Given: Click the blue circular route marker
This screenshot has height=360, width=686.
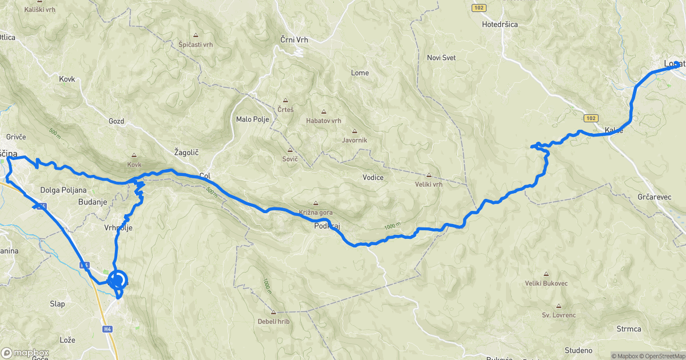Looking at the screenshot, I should pyautogui.click(x=117, y=280).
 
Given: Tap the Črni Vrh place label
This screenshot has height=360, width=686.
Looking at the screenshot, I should pyautogui.click(x=294, y=39).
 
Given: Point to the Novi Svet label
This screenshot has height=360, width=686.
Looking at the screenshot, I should pyautogui.click(x=441, y=58).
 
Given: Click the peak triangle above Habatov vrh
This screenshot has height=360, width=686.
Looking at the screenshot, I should pyautogui.click(x=324, y=112).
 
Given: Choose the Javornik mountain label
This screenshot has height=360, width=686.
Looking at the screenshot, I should pyautogui.click(x=354, y=140).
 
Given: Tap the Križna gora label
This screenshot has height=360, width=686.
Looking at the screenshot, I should pyautogui.click(x=315, y=213).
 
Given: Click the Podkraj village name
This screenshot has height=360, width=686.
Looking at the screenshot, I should pyautogui.click(x=327, y=226).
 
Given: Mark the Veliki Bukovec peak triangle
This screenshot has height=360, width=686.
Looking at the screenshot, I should pyautogui.click(x=546, y=274).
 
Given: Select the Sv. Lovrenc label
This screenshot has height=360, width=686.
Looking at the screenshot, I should pyautogui.click(x=559, y=315).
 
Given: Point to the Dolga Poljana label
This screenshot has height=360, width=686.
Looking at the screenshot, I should pyautogui.click(x=63, y=190).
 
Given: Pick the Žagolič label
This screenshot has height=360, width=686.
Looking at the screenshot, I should pyautogui.click(x=186, y=153).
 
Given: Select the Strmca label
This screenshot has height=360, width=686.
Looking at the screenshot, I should pyautogui.click(x=629, y=329).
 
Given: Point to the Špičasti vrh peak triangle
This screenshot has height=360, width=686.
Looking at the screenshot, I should pyautogui.click(x=196, y=35).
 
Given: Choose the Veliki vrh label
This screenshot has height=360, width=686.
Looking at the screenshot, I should pyautogui.click(x=429, y=184).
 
